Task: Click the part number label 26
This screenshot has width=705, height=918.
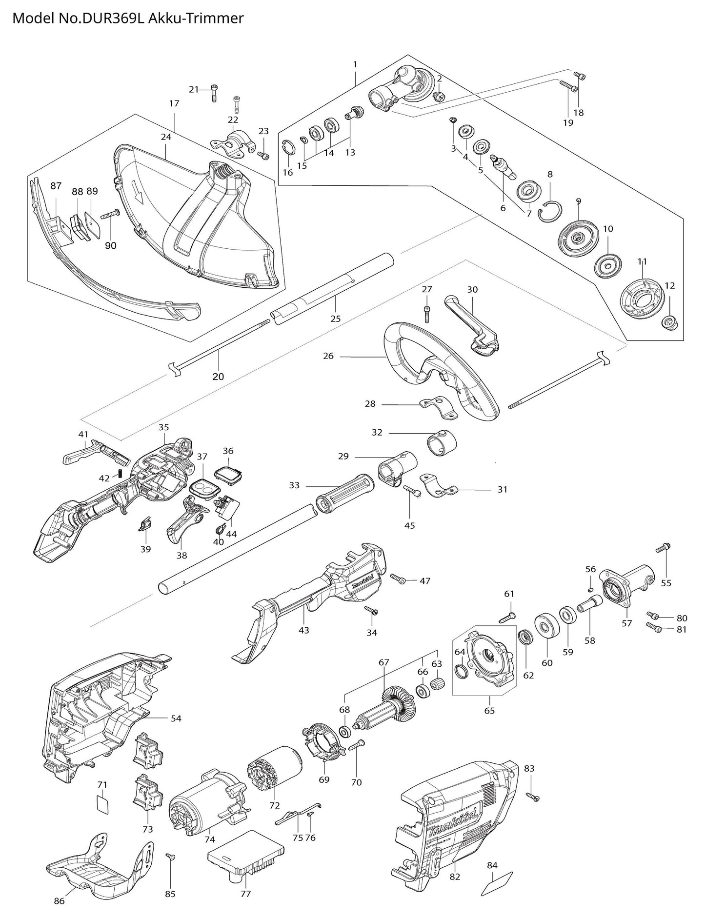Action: point(328,357)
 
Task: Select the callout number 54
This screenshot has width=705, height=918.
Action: point(176,718)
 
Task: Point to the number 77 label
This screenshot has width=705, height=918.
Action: point(245,894)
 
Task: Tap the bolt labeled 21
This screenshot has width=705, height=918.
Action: point(215,92)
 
